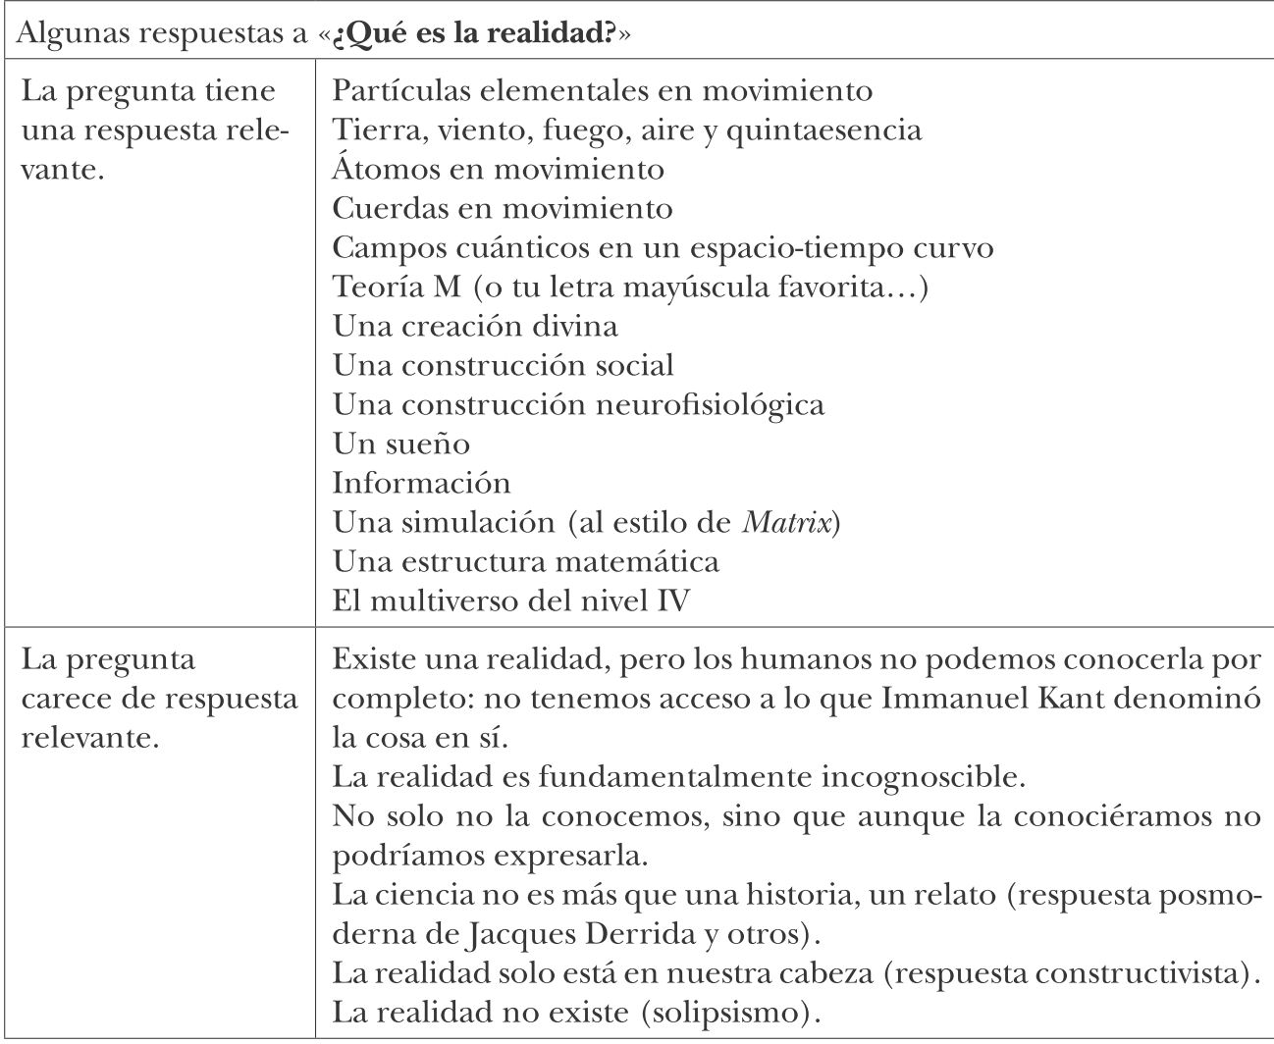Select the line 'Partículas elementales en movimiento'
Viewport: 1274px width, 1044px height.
coord(602,90)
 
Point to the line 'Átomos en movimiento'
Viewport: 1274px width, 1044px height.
coord(498,169)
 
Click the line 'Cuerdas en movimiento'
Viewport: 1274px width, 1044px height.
coord(502,208)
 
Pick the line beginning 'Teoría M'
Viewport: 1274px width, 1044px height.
coord(630,287)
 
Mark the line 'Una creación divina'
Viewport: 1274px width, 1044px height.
coord(475,326)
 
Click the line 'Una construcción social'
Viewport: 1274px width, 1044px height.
coord(503,365)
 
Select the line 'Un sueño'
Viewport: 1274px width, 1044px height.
coord(400,444)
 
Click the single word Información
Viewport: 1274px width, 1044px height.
coord(421,483)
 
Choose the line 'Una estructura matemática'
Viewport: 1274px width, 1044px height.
coord(525,561)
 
